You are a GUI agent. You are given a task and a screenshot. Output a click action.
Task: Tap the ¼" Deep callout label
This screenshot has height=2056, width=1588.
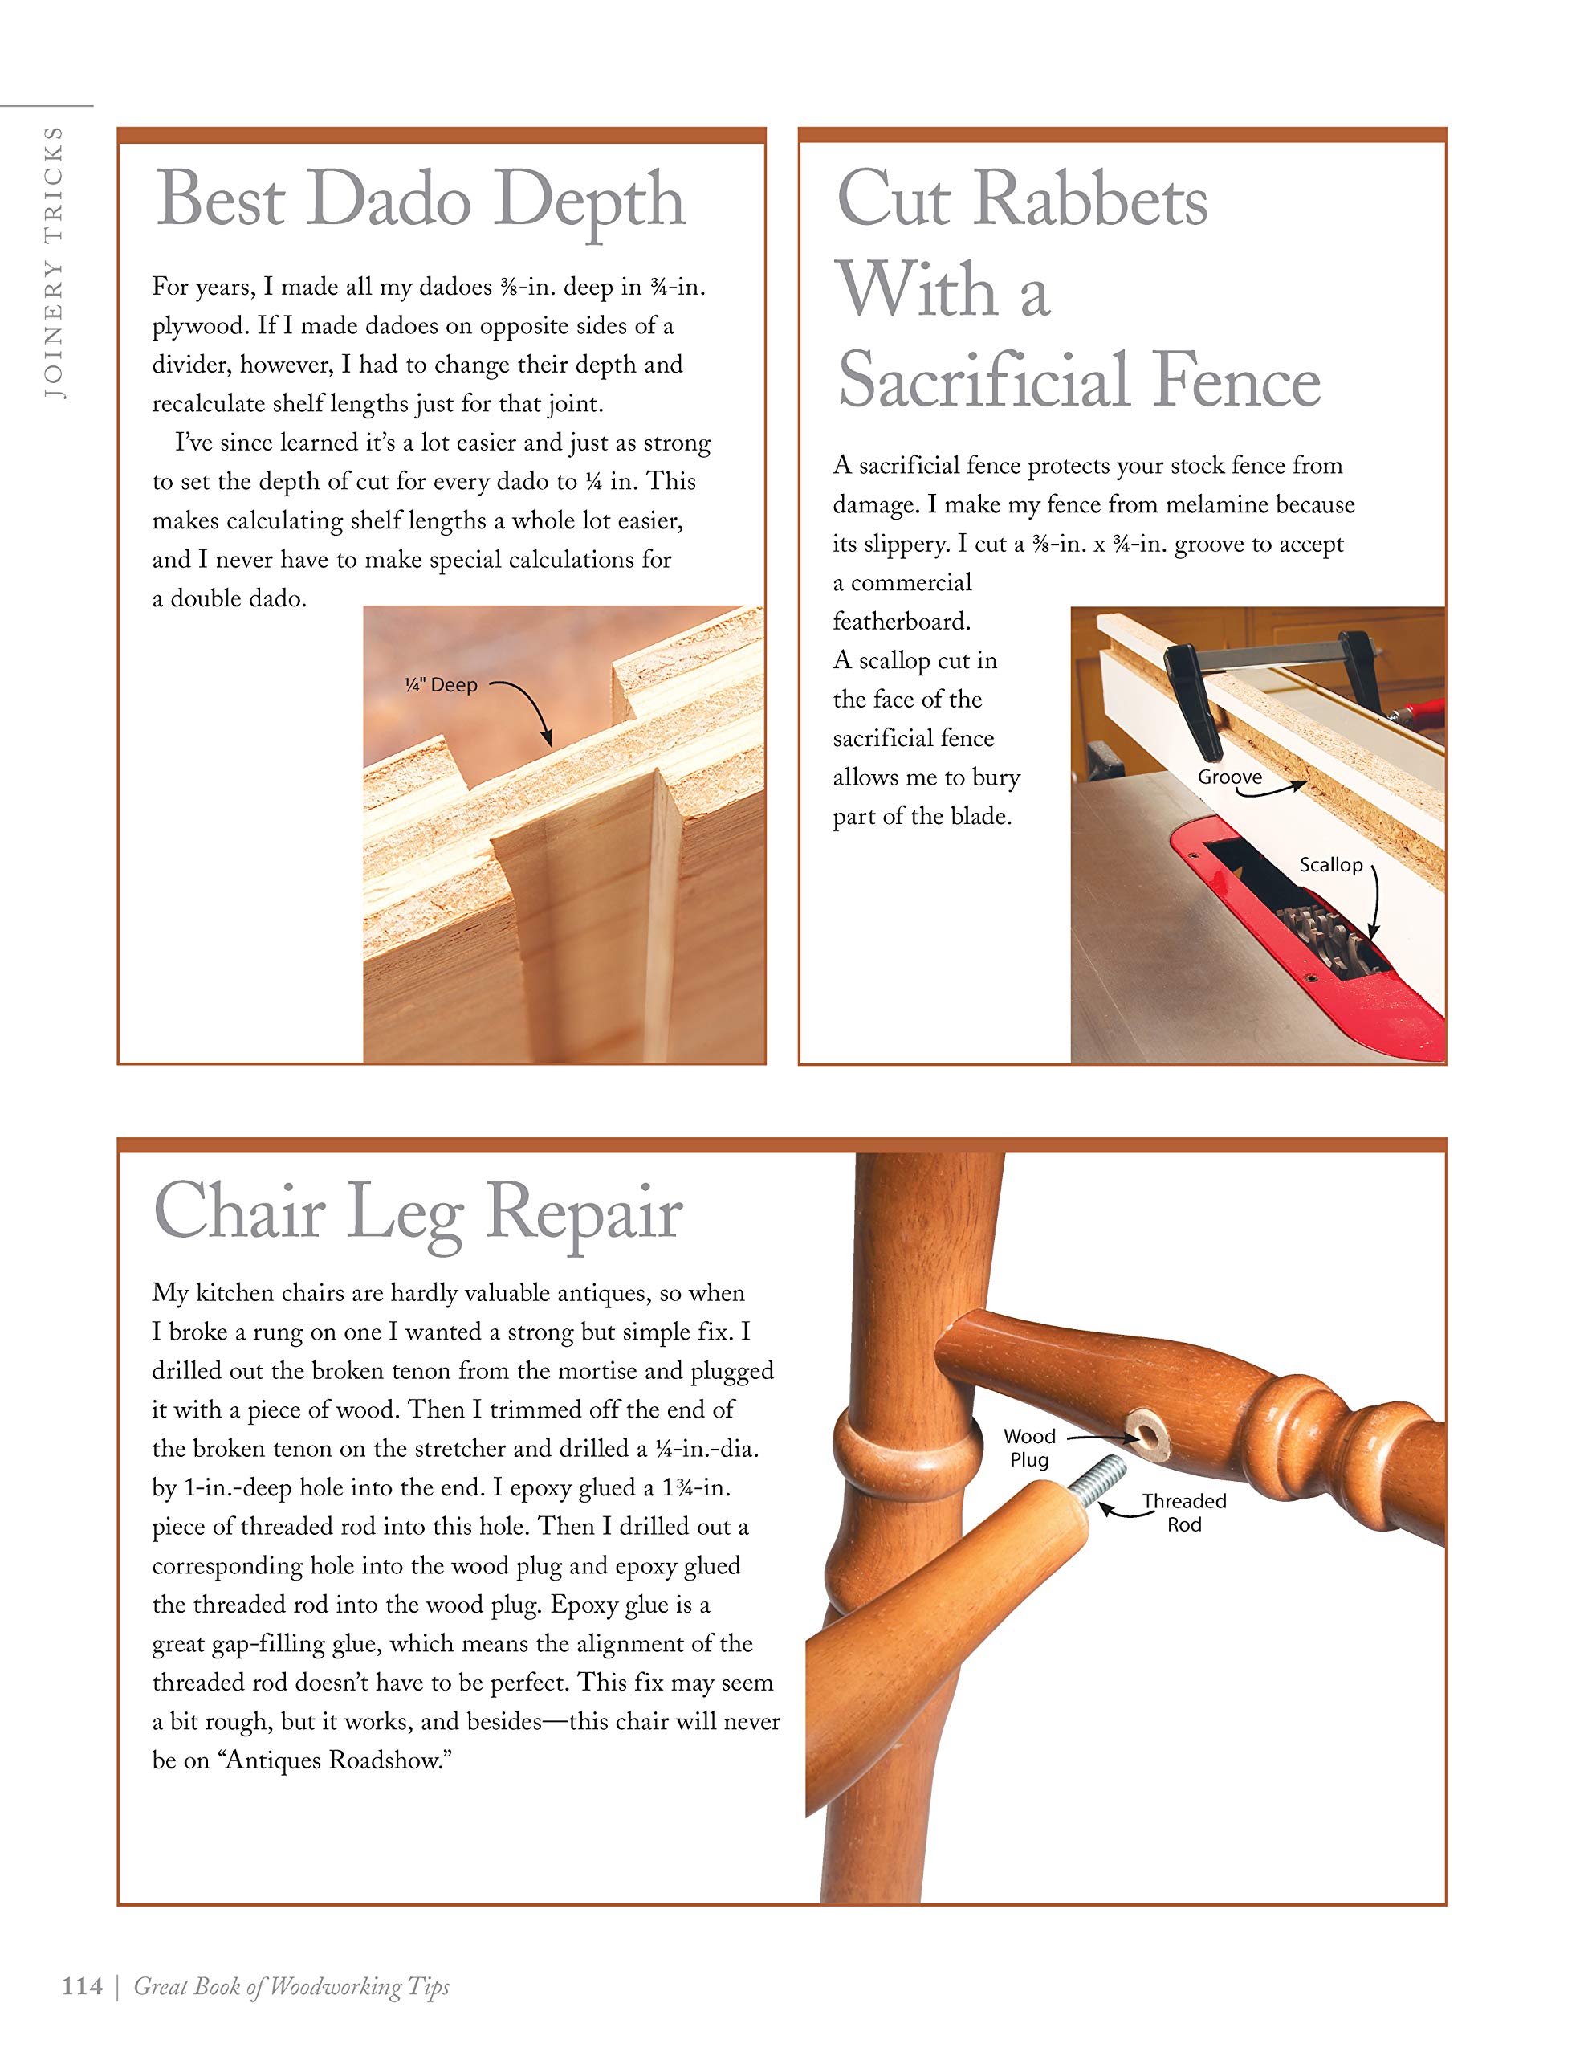441,685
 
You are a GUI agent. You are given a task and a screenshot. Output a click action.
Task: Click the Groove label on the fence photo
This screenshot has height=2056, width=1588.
1229,777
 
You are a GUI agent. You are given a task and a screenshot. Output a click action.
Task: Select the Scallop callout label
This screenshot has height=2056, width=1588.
1330,865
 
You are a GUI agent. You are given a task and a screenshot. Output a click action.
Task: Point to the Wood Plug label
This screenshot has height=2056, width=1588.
1029,1448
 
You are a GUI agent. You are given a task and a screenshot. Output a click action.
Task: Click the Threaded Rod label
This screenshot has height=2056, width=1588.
1184,1513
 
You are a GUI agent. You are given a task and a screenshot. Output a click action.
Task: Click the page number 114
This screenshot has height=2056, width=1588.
81,1986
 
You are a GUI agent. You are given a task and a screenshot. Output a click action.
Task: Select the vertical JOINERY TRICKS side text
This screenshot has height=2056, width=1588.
54,263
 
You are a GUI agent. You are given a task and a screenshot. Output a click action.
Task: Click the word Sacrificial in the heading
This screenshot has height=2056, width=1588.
983,381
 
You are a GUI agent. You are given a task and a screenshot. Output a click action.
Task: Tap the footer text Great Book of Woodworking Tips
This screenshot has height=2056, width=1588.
291,1986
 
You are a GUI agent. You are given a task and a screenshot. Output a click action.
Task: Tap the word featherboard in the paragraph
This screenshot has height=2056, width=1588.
901,622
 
